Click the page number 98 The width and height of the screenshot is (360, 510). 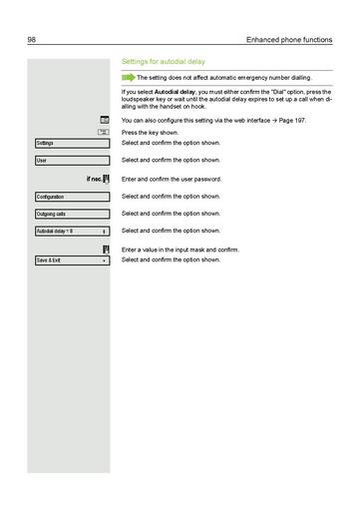click(x=32, y=39)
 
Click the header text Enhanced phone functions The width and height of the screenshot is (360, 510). click(x=291, y=39)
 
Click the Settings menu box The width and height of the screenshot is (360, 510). click(x=71, y=144)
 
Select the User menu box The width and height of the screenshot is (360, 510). click(x=71, y=161)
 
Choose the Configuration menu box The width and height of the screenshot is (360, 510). click(x=71, y=197)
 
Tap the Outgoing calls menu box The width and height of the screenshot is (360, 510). click(x=71, y=214)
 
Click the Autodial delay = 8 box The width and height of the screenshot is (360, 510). click(x=71, y=232)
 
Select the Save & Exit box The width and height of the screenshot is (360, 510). click(x=71, y=260)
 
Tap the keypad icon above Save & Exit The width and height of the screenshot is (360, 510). click(x=105, y=249)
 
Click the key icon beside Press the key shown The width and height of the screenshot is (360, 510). click(x=104, y=132)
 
